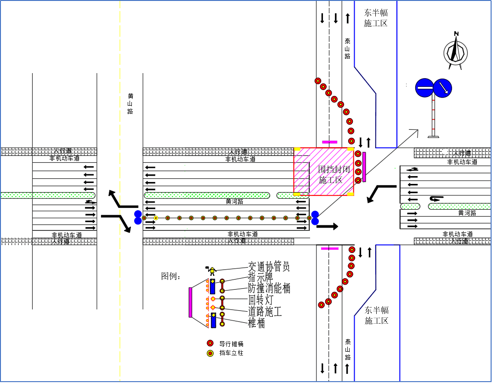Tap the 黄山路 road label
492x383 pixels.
(x=130, y=103)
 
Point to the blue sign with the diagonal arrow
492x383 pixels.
(x=443, y=88)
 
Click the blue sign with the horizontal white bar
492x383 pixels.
(x=424, y=88)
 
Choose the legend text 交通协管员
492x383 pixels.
(x=269, y=266)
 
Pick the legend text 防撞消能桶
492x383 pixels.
(x=269, y=288)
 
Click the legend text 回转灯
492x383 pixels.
(x=261, y=300)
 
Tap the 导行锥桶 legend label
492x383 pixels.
(x=231, y=343)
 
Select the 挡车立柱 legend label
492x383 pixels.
(x=231, y=353)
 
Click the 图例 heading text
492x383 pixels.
(x=171, y=276)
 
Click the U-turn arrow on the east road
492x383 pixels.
(x=435, y=199)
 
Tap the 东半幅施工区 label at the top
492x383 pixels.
(x=376, y=18)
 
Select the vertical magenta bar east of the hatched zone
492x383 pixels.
(x=364, y=167)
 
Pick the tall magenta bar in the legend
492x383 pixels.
(x=190, y=302)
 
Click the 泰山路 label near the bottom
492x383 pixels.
(x=348, y=349)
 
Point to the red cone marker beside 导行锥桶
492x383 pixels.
(x=210, y=343)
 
